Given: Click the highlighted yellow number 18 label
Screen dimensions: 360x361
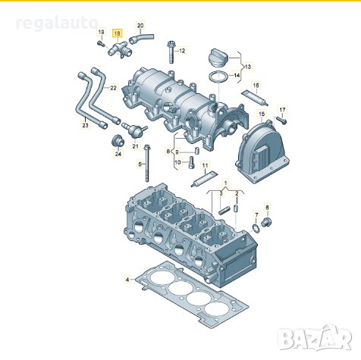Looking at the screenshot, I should pos(117,33).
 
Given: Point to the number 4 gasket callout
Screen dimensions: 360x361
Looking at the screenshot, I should pos(127,280).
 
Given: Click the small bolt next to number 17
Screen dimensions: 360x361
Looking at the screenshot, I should pos(280,120).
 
